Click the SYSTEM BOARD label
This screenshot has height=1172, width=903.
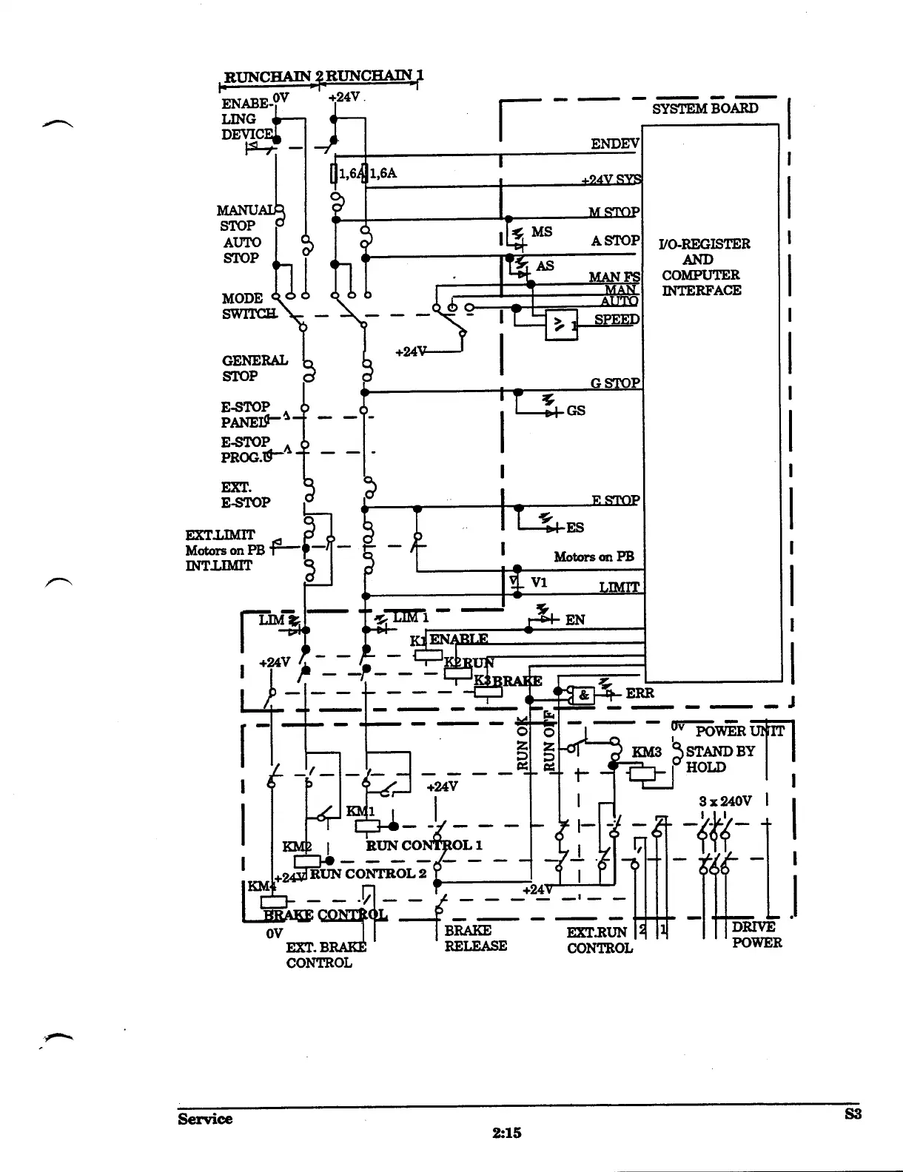point(705,108)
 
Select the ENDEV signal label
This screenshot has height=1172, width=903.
point(614,144)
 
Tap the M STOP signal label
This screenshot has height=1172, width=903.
point(614,212)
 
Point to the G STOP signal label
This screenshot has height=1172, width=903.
point(615,383)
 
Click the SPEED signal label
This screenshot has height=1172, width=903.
point(617,320)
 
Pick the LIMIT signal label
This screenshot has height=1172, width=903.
point(619,587)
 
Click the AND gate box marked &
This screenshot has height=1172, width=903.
point(583,695)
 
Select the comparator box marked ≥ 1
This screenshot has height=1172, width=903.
point(561,324)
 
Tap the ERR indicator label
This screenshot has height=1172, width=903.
point(640,694)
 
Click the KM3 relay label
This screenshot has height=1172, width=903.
point(646,752)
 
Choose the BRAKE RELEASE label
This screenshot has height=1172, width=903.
point(475,937)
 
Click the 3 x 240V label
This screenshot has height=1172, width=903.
point(725,801)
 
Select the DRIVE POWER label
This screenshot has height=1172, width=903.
point(756,934)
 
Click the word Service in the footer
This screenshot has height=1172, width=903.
point(205,1119)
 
